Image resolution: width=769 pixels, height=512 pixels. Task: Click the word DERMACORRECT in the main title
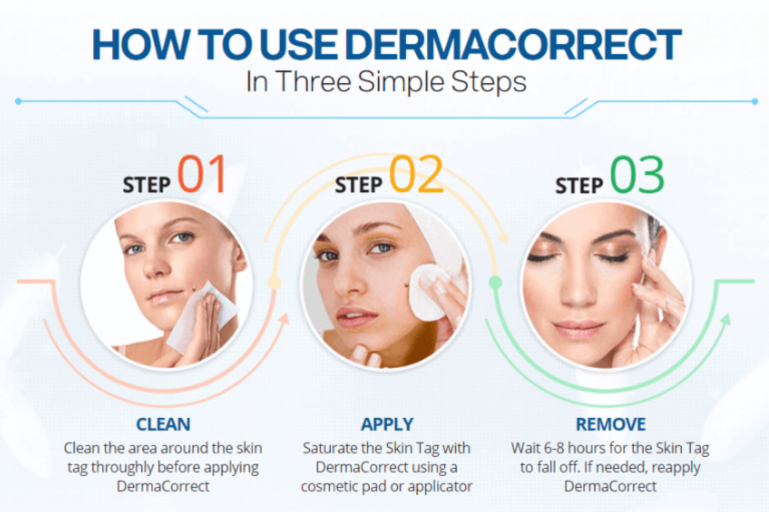pos(513,45)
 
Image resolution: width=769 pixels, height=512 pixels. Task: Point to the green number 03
pos(637,175)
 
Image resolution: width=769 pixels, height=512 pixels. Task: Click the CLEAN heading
pos(163,424)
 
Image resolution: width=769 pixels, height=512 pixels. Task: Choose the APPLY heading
pos(387,424)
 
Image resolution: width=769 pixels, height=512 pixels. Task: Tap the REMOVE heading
pos(611,424)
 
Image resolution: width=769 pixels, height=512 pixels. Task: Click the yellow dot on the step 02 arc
pos(274,283)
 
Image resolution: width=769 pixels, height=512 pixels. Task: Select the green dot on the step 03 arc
pos(495,283)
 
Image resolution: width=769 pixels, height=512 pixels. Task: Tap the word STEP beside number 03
pos(579,186)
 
